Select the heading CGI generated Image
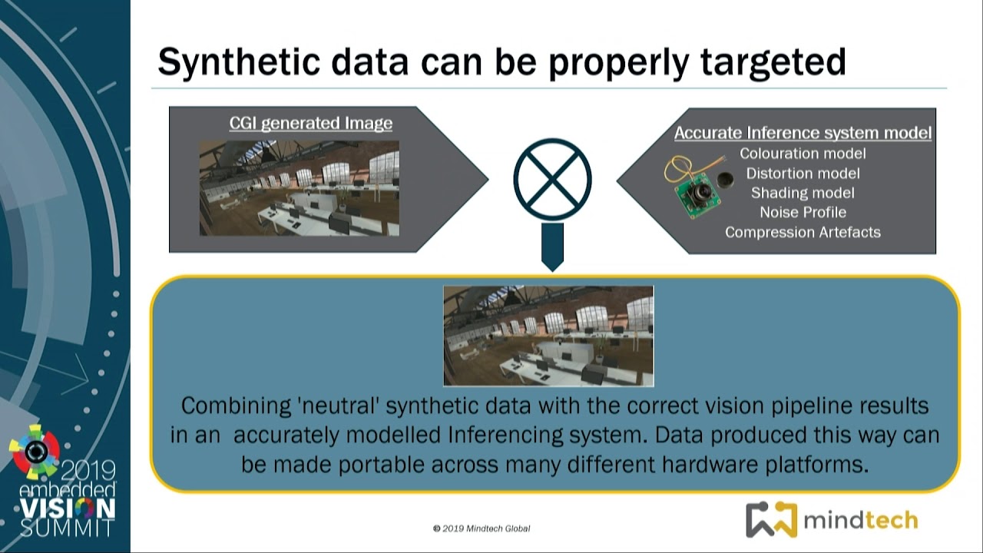coord(311,124)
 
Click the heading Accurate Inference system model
coord(803,133)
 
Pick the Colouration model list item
coord(803,154)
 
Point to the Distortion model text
coord(803,174)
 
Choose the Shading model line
coord(803,193)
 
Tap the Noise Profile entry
coord(803,213)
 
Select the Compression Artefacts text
coord(803,232)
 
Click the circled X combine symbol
coord(552,179)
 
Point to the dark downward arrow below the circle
coord(552,247)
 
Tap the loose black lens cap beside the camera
coord(726,180)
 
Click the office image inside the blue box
coord(548,336)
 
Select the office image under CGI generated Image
coord(300,188)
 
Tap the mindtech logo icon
coord(771,520)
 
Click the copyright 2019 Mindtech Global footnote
coord(482,528)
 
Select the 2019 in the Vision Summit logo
coord(88,471)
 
